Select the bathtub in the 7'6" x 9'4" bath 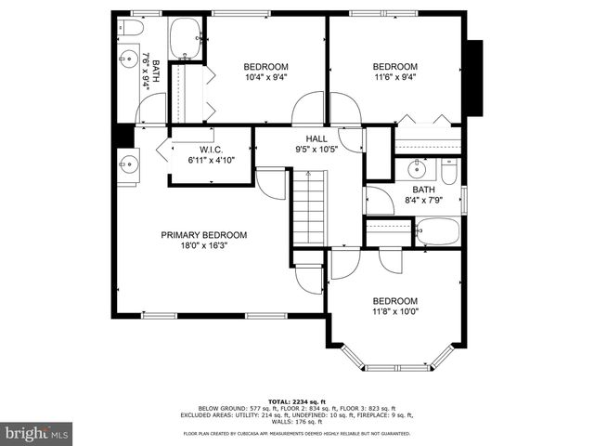pos(186,36)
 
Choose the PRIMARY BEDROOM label pos(204,235)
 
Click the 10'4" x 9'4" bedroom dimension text pos(265,77)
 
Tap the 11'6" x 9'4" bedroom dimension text pos(395,77)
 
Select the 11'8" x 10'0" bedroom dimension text pos(395,312)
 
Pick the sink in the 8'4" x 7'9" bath pos(419,169)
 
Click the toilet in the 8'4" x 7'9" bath pos(448,172)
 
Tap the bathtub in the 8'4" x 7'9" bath pos(437,231)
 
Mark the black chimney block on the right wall pos(474,79)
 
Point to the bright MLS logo pos(37,433)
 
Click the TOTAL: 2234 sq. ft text pos(297,398)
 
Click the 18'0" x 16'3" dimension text pos(204,246)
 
